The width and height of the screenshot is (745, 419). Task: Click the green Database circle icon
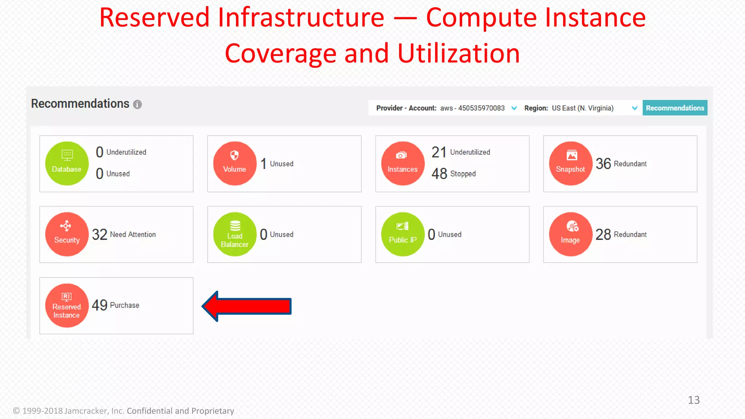pyautogui.click(x=67, y=163)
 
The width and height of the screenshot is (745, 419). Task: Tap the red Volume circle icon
pyautogui.click(x=235, y=163)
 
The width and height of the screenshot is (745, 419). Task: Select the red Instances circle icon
pyautogui.click(x=403, y=163)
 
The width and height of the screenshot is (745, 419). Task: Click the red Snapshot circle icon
pyautogui.click(x=570, y=163)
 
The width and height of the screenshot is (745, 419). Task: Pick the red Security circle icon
pyautogui.click(x=67, y=234)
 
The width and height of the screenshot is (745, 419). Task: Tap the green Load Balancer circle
pyautogui.click(x=235, y=234)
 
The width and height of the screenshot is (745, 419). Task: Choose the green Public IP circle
pyautogui.click(x=403, y=234)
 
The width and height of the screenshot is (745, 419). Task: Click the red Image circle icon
pyautogui.click(x=570, y=234)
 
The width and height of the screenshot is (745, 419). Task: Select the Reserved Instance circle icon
pyautogui.click(x=67, y=306)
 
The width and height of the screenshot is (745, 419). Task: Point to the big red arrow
pyautogui.click(x=247, y=306)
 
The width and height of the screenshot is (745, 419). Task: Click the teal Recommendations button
pyautogui.click(x=675, y=108)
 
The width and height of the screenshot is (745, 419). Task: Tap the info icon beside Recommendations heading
pyautogui.click(x=137, y=105)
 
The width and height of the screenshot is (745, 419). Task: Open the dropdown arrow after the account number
pyautogui.click(x=514, y=108)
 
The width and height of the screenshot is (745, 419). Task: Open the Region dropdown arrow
pyautogui.click(x=634, y=108)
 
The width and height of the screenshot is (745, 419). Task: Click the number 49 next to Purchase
pyautogui.click(x=99, y=305)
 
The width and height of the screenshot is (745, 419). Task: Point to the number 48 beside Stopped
pyautogui.click(x=439, y=174)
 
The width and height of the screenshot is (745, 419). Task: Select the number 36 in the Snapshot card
pyautogui.click(x=603, y=164)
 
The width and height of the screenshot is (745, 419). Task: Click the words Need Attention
pyautogui.click(x=133, y=235)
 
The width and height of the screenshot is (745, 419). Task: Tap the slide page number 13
pyautogui.click(x=694, y=400)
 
